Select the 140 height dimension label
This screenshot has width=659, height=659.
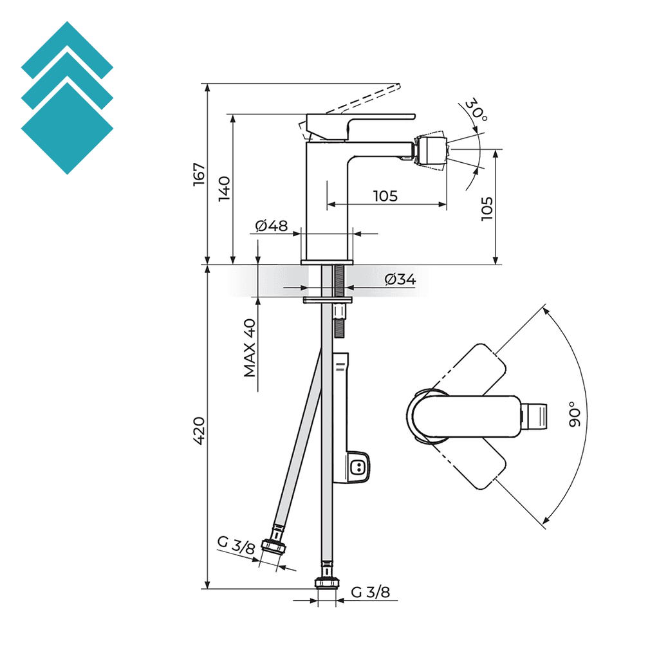click(224, 189)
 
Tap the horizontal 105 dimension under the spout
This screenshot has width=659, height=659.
click(385, 196)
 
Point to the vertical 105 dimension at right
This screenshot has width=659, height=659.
click(487, 209)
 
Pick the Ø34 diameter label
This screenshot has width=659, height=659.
click(400, 279)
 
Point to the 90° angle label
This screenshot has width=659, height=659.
click(575, 414)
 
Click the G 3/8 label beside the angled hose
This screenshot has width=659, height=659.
click(236, 544)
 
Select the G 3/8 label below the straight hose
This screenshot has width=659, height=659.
click(371, 592)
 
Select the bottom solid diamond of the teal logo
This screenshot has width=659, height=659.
click(67, 128)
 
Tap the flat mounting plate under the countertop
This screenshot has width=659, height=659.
click(328, 300)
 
